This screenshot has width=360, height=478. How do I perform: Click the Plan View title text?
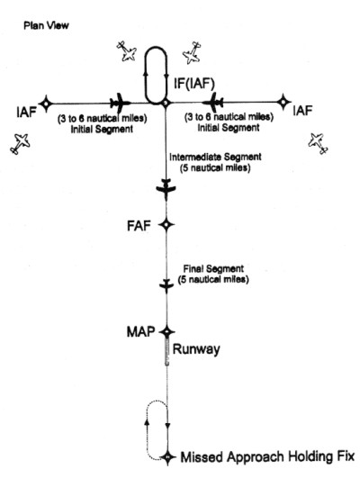point(46,25)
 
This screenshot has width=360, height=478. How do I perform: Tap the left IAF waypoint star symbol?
point(46,104)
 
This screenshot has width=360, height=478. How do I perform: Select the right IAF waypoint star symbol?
point(283,102)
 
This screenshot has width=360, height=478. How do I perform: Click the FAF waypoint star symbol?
point(166,225)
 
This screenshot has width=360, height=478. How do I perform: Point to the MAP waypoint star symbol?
point(167,331)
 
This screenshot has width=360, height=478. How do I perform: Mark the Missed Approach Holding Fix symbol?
point(167,457)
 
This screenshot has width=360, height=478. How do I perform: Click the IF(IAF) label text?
point(194,84)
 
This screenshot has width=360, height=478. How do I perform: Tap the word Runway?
point(196,349)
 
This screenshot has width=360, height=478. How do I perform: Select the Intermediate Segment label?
point(215,162)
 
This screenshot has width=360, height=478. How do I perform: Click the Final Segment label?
point(213,274)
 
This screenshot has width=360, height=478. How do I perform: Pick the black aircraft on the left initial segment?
point(120,104)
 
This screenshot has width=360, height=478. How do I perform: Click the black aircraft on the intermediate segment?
point(166,189)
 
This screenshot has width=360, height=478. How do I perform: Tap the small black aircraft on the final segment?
point(166,286)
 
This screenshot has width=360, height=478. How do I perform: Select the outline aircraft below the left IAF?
point(20,143)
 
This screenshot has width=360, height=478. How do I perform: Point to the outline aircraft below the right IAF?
point(319,142)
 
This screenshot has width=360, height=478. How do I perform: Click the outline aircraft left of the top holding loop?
point(127,51)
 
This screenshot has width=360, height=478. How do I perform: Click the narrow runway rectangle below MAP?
point(166,351)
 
